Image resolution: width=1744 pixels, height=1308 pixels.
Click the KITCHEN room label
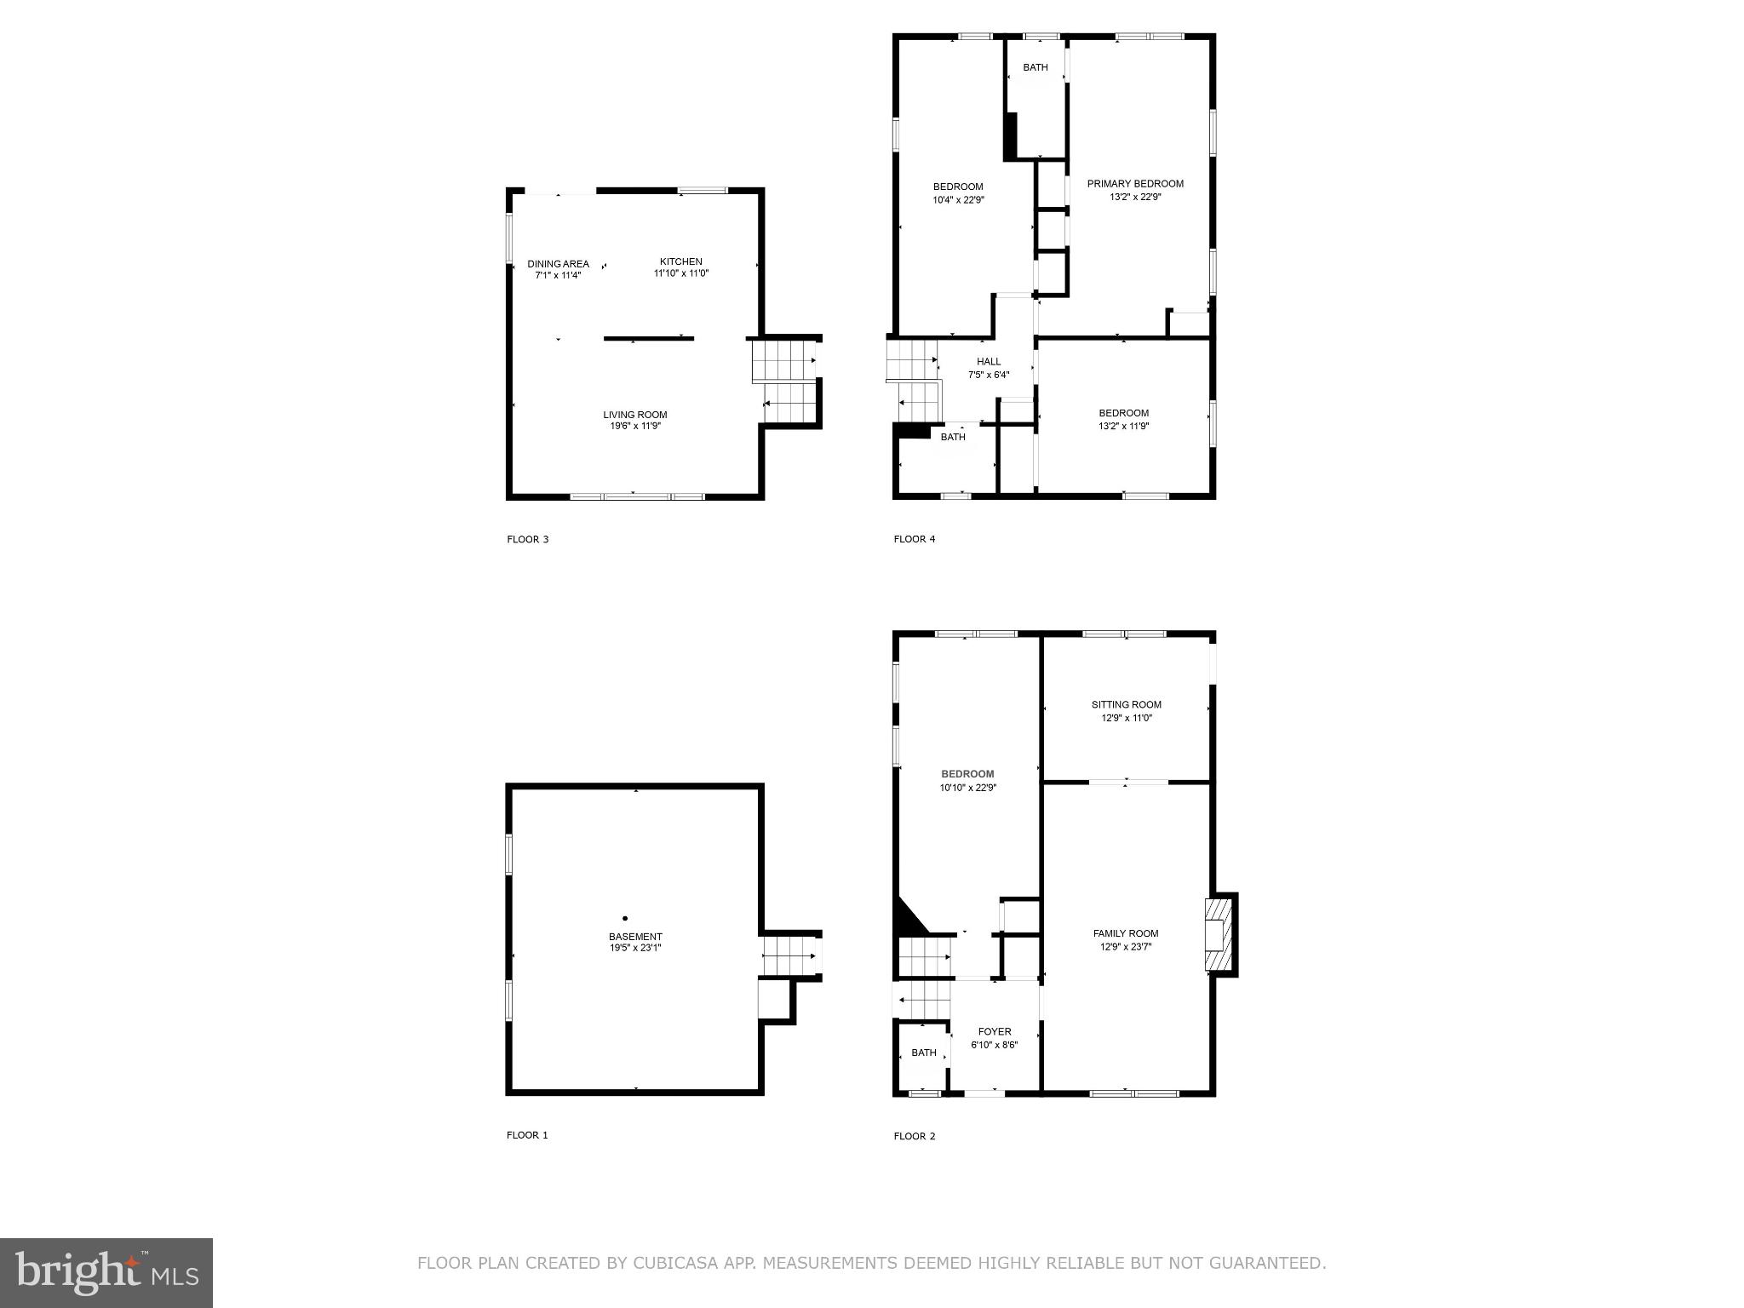[680, 261]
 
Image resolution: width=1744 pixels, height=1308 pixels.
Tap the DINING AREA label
[558, 264]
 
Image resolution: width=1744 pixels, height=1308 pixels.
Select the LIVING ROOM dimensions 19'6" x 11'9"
[635, 427]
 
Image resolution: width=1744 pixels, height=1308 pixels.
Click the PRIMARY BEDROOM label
[1135, 183]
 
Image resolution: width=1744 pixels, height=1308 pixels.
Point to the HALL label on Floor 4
[989, 362]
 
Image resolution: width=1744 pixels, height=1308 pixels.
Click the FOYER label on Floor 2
[995, 1031]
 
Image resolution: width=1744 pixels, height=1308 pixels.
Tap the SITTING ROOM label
[1126, 704]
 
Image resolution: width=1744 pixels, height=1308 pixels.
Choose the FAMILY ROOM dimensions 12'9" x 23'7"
[1126, 947]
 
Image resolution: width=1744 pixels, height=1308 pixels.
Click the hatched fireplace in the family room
[1217, 933]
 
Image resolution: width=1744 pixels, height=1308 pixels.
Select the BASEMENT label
[635, 937]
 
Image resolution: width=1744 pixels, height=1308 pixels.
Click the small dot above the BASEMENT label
[625, 918]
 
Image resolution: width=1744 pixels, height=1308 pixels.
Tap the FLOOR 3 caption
[528, 539]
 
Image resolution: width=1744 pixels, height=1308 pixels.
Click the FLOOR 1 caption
[528, 1135]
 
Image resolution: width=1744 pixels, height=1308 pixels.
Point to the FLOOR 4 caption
[915, 539]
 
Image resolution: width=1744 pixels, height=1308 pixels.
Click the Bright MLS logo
[106, 1272]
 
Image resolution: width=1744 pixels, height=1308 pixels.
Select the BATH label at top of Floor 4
[1035, 67]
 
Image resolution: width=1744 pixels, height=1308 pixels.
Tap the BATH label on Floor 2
[924, 1053]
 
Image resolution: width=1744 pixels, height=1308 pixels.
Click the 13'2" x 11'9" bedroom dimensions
[1123, 427]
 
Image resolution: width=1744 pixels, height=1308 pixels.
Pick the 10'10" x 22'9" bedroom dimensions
[967, 788]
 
